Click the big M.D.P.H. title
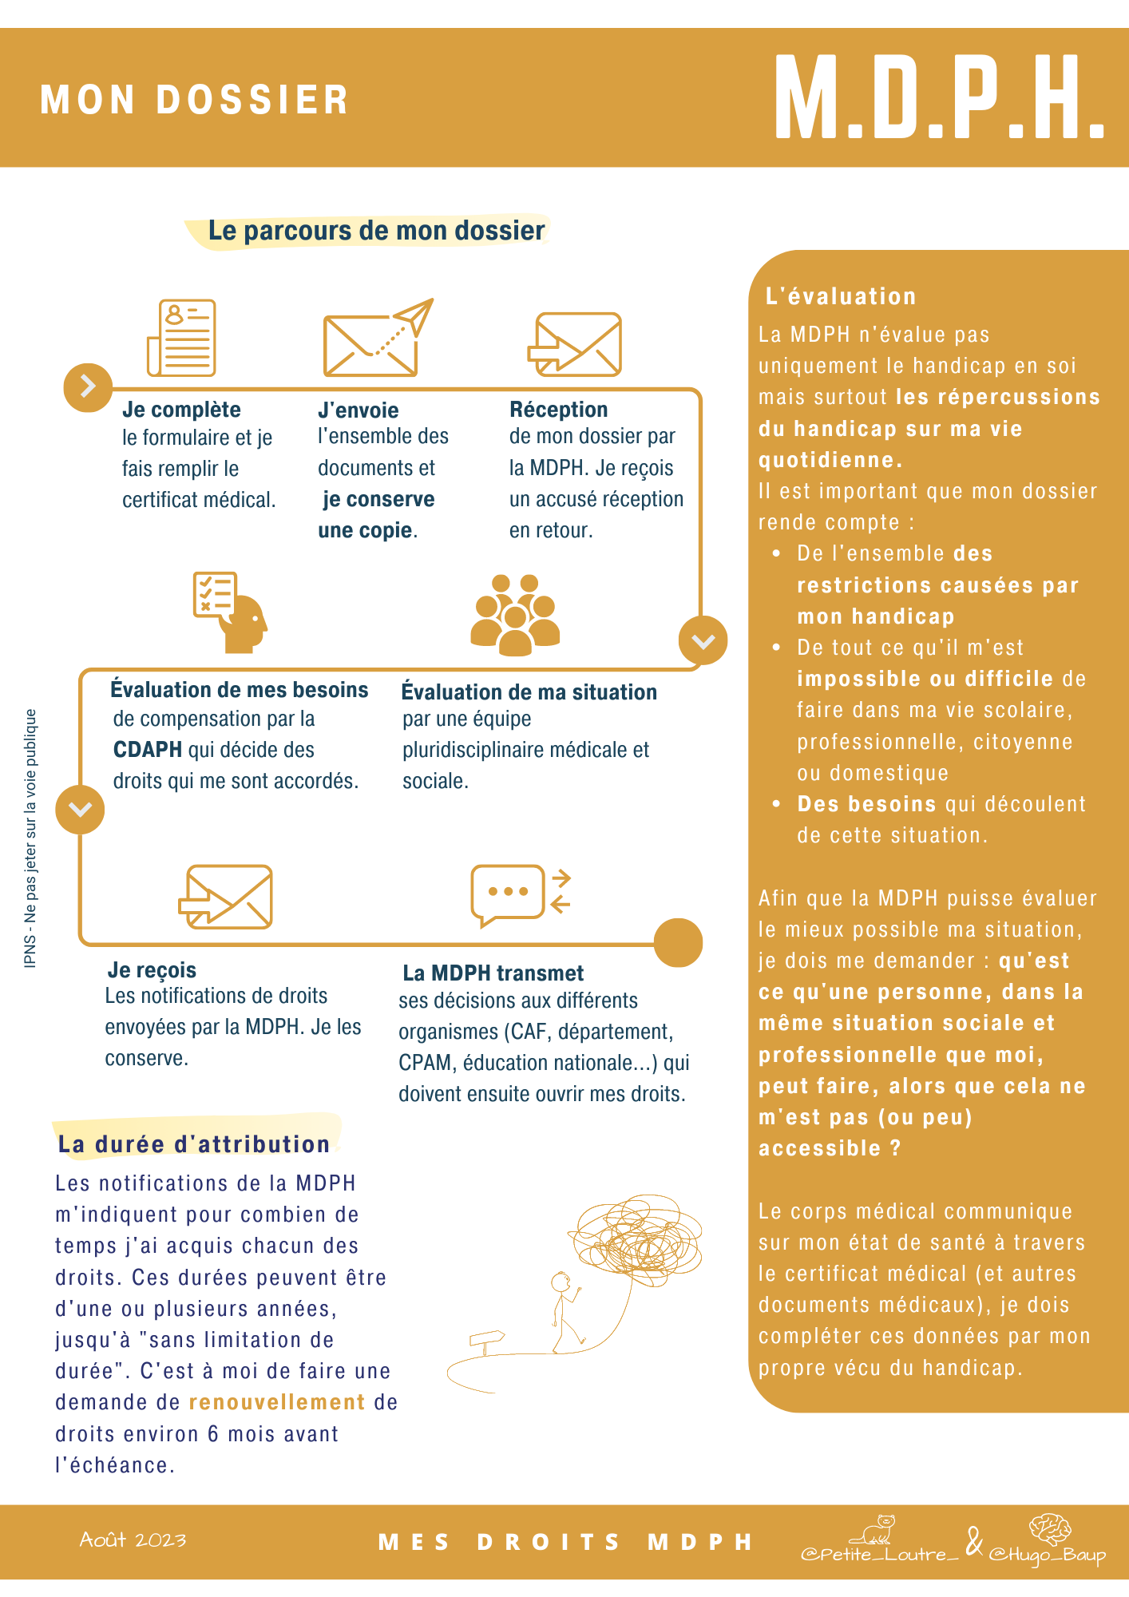point(938,99)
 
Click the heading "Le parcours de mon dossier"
point(376,231)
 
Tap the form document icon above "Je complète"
point(183,337)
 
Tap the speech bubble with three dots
point(509,894)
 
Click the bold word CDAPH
point(148,750)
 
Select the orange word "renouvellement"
point(277,1402)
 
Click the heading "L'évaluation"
point(840,296)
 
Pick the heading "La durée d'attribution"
point(193,1144)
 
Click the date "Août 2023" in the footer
point(133,1540)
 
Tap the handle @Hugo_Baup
point(1047,1554)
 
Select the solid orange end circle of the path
point(678,942)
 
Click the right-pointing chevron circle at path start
point(88,387)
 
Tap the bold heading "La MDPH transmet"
point(493,973)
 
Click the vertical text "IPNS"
point(30,955)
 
